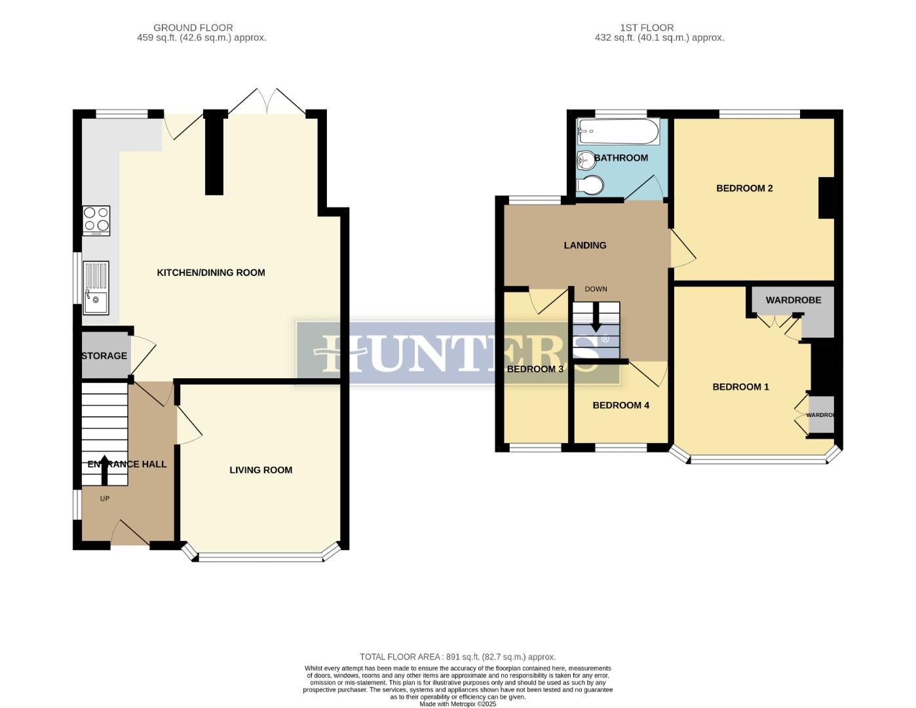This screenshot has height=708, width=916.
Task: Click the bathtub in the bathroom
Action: click(x=618, y=131)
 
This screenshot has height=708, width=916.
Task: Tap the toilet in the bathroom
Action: click(x=590, y=185)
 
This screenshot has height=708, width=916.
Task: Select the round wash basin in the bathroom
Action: click(x=584, y=159)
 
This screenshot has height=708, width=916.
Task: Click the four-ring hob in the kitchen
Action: click(x=96, y=221)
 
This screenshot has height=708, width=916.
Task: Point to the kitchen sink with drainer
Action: click(x=96, y=288)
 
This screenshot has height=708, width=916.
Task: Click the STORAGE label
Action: click(x=104, y=356)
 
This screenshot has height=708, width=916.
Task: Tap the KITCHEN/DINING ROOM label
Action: click(x=211, y=273)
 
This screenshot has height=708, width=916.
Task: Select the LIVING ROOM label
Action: click(x=261, y=470)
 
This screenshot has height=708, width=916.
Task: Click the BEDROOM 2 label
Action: click(x=744, y=188)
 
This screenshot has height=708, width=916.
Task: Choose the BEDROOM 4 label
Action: click(x=620, y=405)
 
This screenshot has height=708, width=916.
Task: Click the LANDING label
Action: click(x=585, y=245)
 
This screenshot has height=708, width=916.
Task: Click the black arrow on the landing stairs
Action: click(x=596, y=322)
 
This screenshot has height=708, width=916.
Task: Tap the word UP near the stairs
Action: click(x=104, y=499)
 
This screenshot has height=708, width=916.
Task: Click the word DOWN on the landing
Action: click(x=596, y=289)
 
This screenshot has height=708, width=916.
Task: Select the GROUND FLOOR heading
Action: click(x=193, y=28)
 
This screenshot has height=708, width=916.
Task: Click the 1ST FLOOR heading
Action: click(x=647, y=28)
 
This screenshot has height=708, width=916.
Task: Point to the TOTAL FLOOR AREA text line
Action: click(x=457, y=657)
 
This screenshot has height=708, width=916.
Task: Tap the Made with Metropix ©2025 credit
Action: click(x=457, y=704)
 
